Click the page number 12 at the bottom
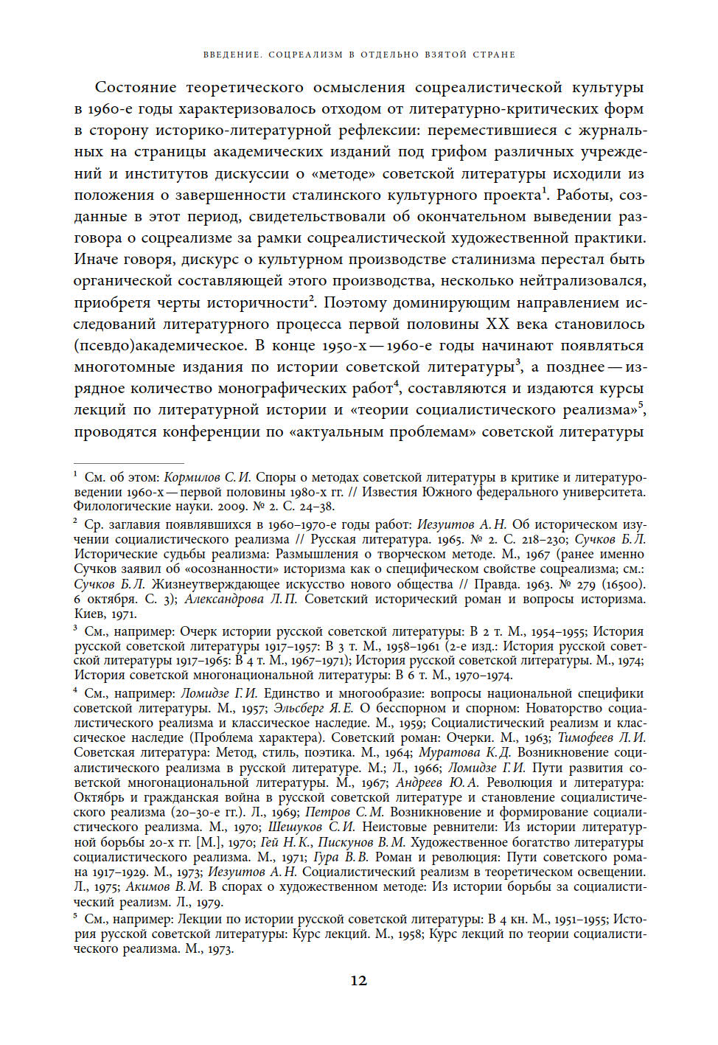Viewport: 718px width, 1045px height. (x=358, y=980)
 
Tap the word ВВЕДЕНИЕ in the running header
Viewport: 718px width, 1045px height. (x=231, y=55)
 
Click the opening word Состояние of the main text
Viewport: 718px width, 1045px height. (x=136, y=88)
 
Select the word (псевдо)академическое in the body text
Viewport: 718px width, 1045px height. (x=160, y=346)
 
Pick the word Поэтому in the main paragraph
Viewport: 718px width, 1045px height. (x=355, y=303)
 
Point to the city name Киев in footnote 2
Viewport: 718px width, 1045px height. (x=89, y=614)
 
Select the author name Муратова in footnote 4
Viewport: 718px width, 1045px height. (x=449, y=752)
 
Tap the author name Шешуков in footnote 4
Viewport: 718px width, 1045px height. (x=296, y=827)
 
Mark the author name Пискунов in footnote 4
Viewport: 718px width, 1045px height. (x=346, y=842)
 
